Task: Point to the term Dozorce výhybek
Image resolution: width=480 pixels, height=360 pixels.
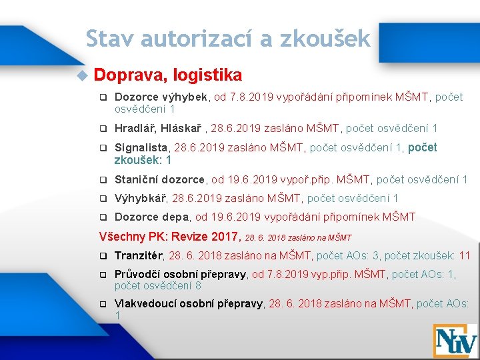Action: click(x=162, y=97)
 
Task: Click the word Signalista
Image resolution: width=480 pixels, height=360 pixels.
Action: click(x=142, y=148)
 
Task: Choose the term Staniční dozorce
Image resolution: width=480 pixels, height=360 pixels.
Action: click(x=159, y=179)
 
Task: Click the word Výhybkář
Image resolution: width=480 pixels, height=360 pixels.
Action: click(x=142, y=198)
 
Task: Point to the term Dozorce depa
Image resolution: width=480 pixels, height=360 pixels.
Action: click(x=152, y=217)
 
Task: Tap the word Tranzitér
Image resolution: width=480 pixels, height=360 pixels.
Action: click(x=139, y=255)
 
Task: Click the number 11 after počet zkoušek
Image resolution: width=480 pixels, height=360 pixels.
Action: click(x=465, y=255)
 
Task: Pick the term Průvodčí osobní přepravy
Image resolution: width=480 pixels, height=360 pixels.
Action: click(x=180, y=274)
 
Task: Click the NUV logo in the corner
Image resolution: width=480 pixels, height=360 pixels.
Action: click(x=455, y=340)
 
